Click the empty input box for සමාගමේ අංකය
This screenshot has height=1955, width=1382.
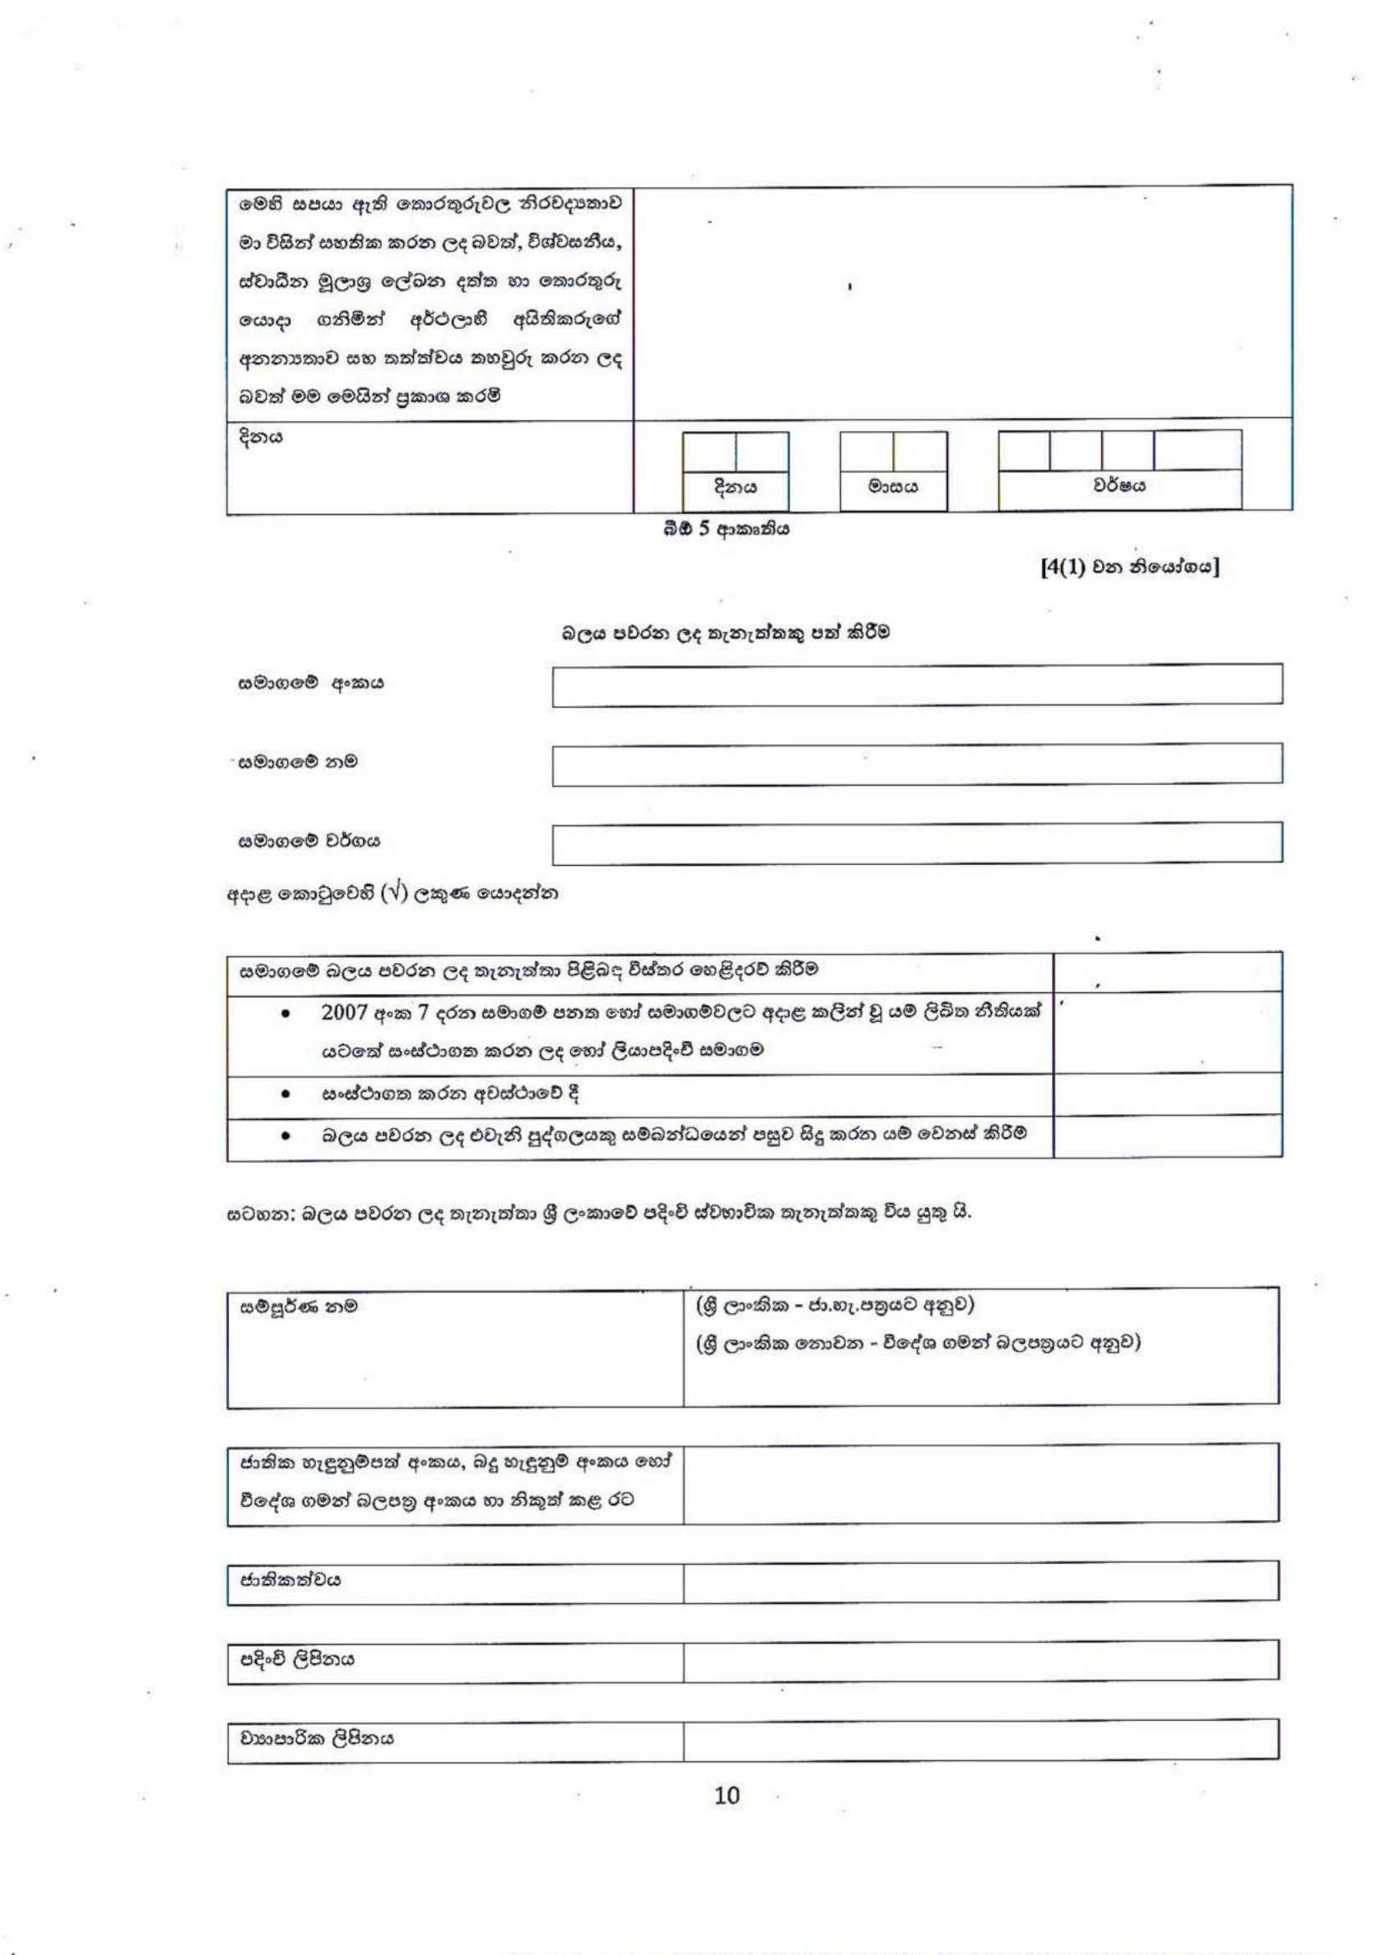click(916, 685)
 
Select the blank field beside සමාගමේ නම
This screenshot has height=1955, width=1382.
click(916, 764)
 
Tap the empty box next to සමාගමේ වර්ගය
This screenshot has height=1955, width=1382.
click(916, 843)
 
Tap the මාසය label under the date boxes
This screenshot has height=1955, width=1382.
click(892, 487)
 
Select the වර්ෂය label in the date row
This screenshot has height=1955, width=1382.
click(1119, 486)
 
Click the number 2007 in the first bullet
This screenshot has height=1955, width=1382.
click(344, 1013)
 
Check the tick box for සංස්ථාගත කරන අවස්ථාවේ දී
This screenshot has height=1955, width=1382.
click(1167, 1094)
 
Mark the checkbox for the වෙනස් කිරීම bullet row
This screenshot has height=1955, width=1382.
click(1167, 1136)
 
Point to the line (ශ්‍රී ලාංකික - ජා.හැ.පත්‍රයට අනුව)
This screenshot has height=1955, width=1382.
click(834, 1306)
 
